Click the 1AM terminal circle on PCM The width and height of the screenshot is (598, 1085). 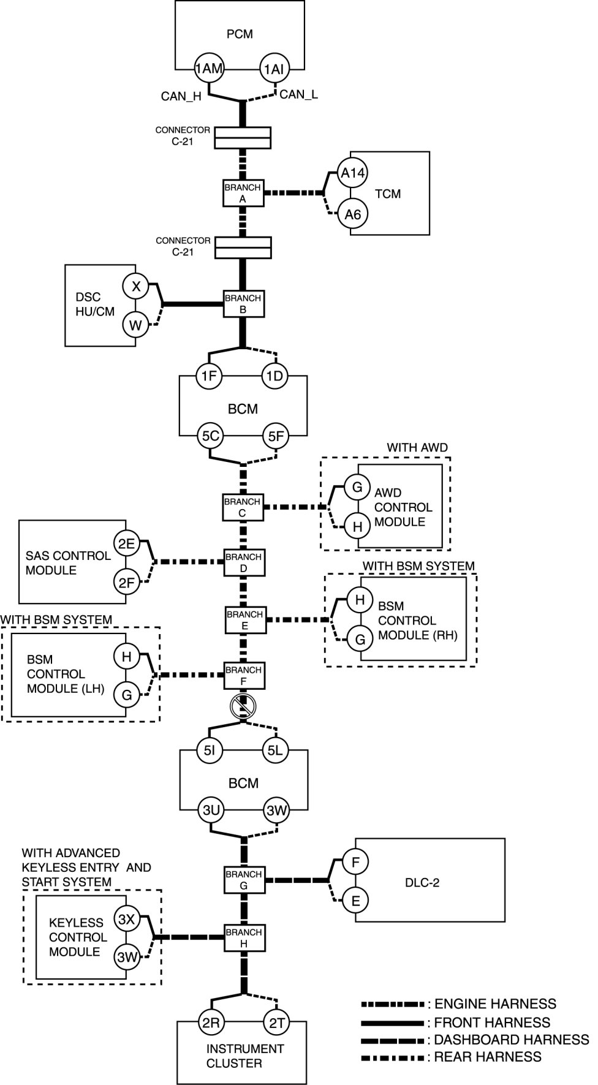click(x=209, y=69)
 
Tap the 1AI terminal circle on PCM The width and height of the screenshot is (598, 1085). click(x=274, y=69)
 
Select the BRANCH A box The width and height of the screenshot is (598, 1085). click(x=243, y=193)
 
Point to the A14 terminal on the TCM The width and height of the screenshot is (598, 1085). click(x=353, y=173)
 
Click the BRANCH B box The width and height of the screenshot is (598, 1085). click(x=243, y=304)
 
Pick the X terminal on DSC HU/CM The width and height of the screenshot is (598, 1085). click(x=136, y=286)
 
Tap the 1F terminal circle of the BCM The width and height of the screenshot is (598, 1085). click(x=209, y=376)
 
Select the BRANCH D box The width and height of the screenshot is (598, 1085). click(x=243, y=562)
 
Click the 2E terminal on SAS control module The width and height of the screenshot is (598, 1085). click(x=126, y=543)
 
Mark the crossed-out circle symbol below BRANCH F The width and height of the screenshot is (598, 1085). click(x=243, y=707)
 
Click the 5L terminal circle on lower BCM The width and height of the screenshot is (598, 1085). click(x=275, y=750)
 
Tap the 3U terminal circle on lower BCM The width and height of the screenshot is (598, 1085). click(x=211, y=811)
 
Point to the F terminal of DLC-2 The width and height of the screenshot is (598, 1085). click(x=355, y=862)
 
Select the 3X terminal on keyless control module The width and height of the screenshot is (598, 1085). click(x=127, y=920)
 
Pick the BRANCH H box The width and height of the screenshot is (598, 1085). click(x=244, y=938)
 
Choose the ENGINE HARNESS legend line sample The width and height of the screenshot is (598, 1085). click(x=393, y=1004)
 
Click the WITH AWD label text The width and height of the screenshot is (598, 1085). click(x=417, y=448)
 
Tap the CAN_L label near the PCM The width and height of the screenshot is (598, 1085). click(x=298, y=95)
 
